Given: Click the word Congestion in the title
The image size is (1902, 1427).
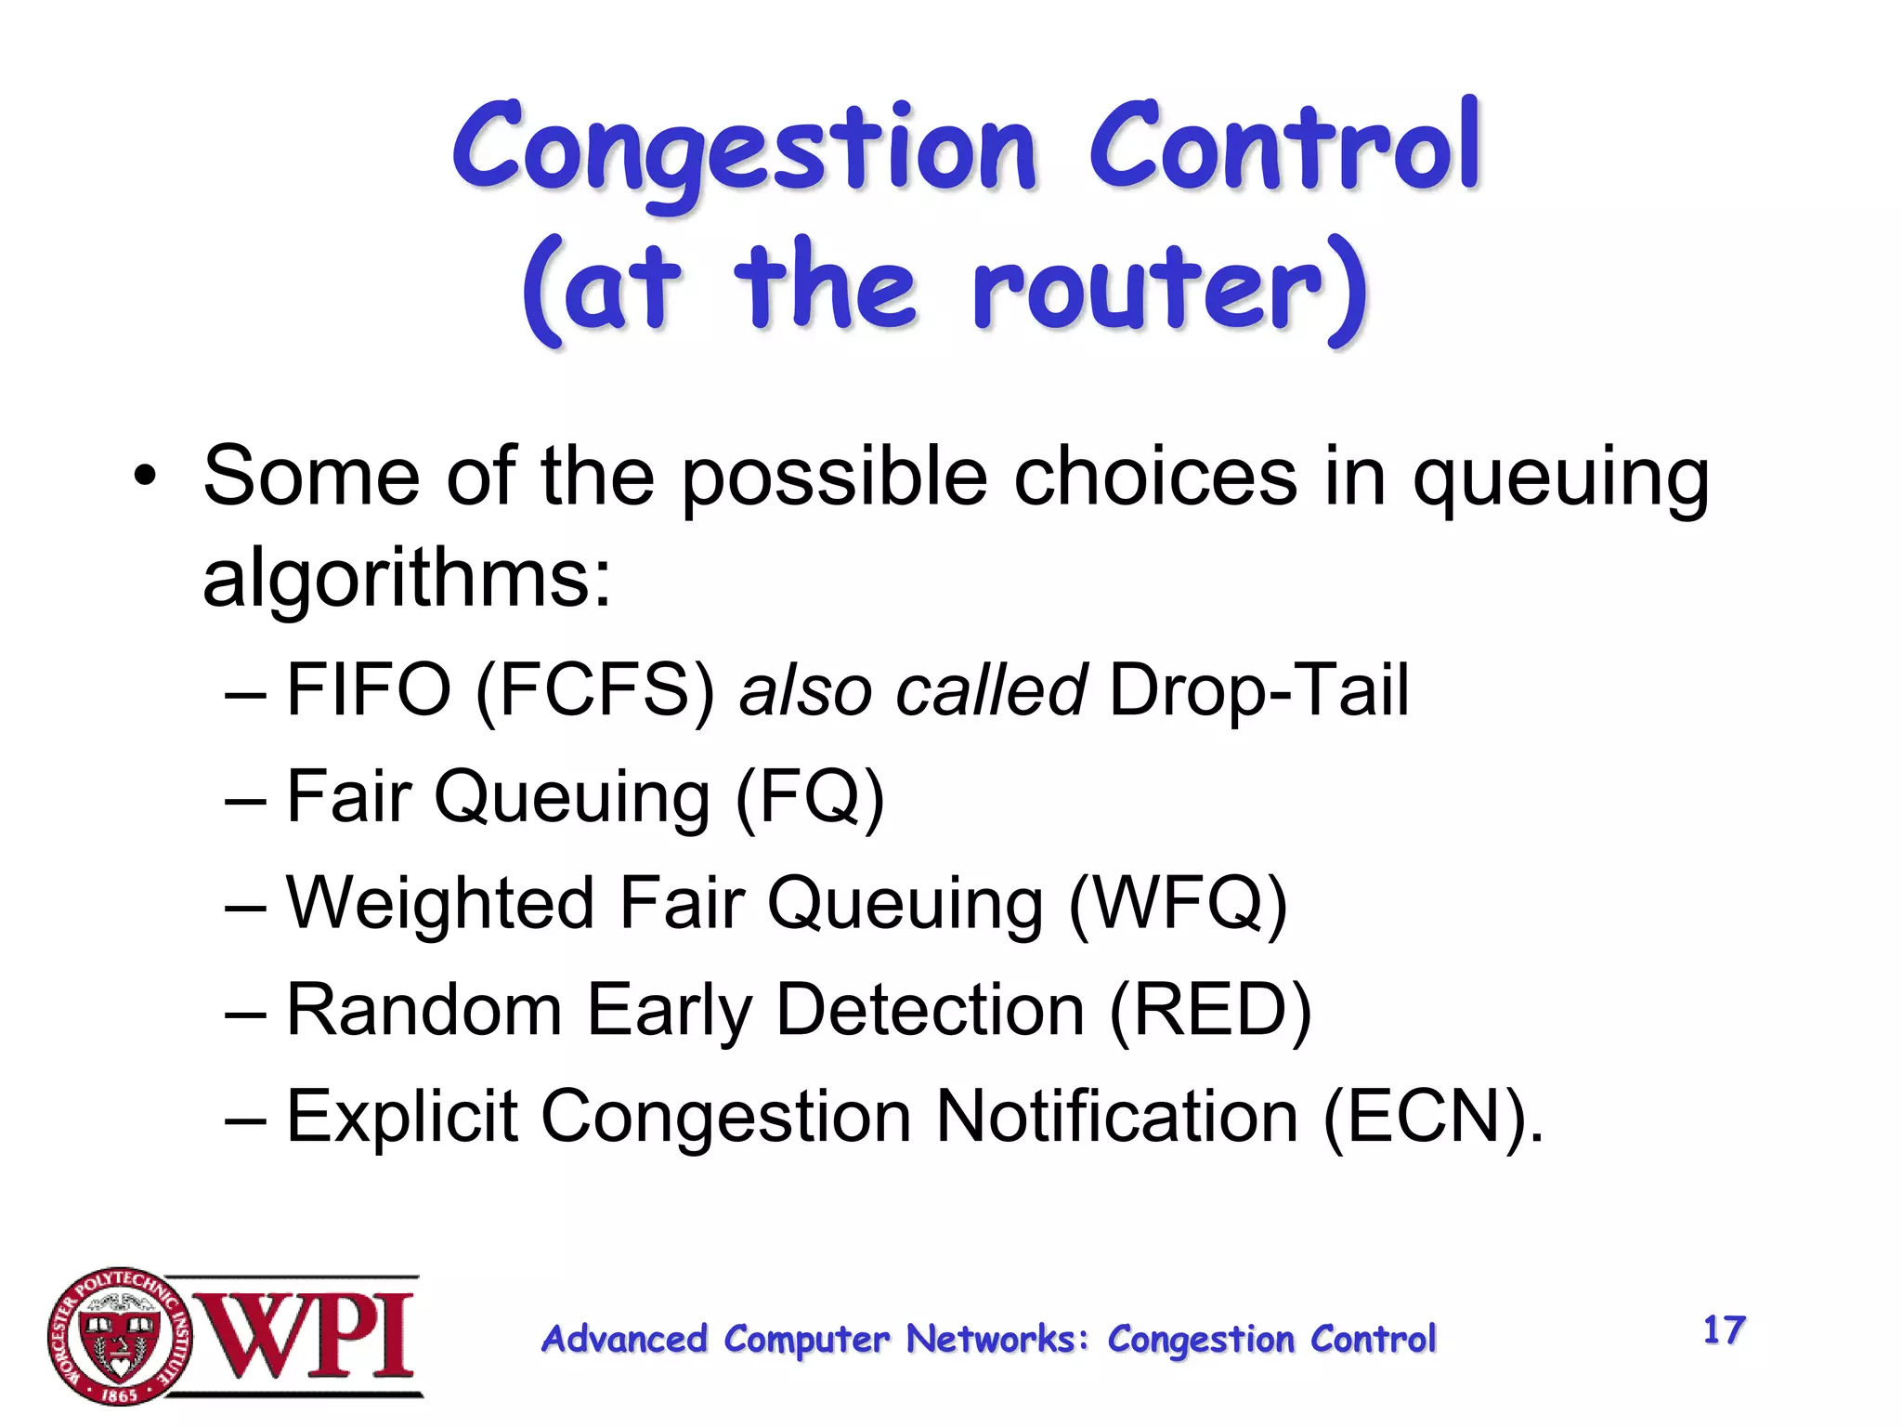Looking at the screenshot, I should click(x=743, y=149).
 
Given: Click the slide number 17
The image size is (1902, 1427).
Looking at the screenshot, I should click(x=1724, y=1329).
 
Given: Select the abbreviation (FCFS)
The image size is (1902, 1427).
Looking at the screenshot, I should click(x=594, y=690).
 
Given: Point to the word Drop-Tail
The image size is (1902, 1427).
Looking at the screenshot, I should click(x=1258, y=690).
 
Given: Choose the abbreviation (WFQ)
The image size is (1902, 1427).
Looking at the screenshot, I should click(x=1178, y=903).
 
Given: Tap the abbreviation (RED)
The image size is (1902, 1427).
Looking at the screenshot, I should click(x=1210, y=1010).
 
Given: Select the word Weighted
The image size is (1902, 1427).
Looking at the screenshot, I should click(x=439, y=903).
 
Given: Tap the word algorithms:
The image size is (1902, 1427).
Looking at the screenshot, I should click(x=407, y=579).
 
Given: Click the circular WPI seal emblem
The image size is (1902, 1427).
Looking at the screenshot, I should click(x=119, y=1336).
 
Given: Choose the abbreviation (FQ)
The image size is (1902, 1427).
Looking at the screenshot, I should click(x=809, y=796).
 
